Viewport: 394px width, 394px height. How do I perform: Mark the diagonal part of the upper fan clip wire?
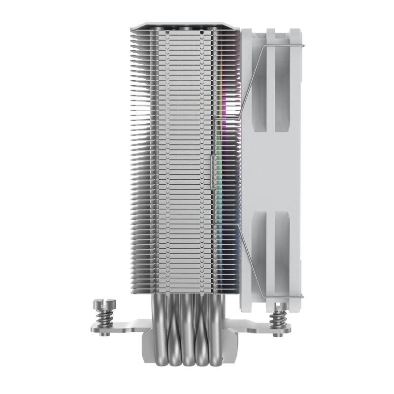coord(251,74)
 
